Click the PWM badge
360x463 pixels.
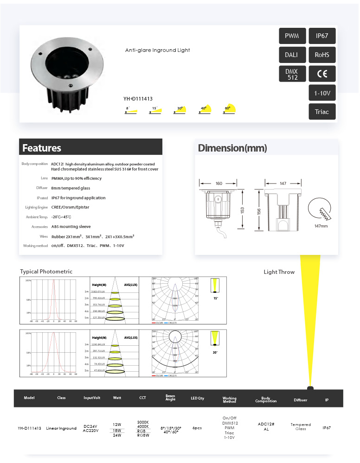pos(292,36)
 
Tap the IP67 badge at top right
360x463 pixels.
pos(322,36)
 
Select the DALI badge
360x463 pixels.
pos(292,55)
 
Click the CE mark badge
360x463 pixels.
pos(322,74)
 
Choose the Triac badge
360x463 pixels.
pos(322,112)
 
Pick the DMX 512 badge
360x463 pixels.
pos(292,74)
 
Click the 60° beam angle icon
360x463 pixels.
pos(229,110)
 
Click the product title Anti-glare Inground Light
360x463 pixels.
pos(157,50)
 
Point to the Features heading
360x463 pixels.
pos(42,148)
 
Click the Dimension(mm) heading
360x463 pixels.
pos(232,148)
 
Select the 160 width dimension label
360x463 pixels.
pos(219,184)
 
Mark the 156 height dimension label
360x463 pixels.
pos(259,211)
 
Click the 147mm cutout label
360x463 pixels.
pos(321,226)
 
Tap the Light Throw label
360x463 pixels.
pos(279,272)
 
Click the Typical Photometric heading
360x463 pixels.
pos(46,272)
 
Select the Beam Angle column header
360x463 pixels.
pos(170,398)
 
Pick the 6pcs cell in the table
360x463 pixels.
pos(197,428)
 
